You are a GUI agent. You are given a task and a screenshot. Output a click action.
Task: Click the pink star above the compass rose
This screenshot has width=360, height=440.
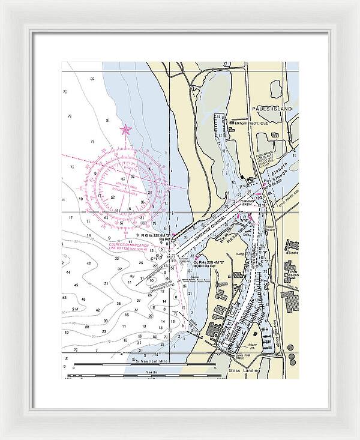[x=125, y=129]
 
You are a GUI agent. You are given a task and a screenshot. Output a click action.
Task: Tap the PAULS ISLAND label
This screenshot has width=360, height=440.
[x=272, y=109]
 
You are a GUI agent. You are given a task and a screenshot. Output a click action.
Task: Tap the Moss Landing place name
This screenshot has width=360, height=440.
[x=244, y=371]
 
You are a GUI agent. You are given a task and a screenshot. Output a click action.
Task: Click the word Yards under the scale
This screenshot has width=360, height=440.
[x=151, y=372]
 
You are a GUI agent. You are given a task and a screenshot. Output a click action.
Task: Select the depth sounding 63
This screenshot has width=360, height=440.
[x=64, y=297]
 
